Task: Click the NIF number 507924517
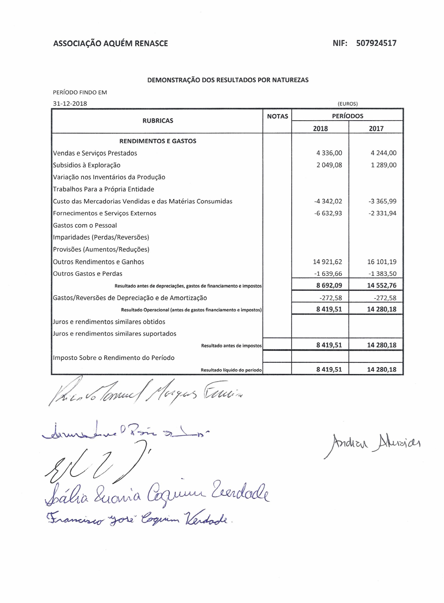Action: point(376,43)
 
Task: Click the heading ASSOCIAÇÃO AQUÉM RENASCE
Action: point(110,44)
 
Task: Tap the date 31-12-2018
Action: point(70,104)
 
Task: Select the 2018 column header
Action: point(320,128)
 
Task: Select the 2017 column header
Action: point(376,128)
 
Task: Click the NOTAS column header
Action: point(277,116)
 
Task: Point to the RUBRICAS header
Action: point(158,121)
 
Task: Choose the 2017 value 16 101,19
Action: point(382,262)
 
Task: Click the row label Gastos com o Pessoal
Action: point(85,225)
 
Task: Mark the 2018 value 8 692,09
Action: point(329,285)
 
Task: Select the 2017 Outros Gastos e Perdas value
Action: point(382,274)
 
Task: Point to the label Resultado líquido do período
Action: point(231,370)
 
